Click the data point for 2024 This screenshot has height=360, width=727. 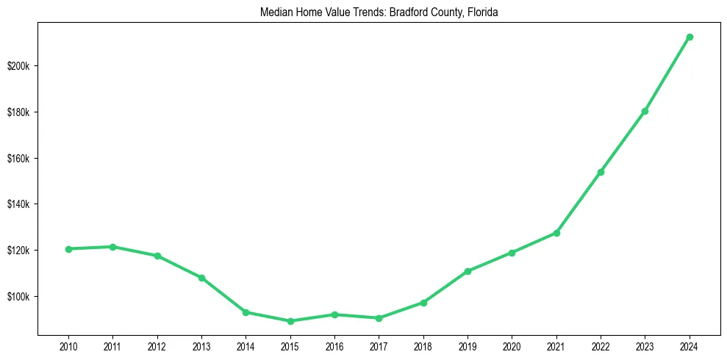point(690,37)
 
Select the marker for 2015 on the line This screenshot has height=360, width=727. point(290,321)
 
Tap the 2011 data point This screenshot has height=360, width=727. point(112,247)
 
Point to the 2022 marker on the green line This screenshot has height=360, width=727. point(601,172)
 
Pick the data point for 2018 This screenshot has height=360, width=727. point(423,303)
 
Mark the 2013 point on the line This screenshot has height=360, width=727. point(201,278)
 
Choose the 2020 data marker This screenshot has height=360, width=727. point(512,253)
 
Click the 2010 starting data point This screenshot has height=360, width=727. point(68,249)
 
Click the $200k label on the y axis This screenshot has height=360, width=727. point(18,66)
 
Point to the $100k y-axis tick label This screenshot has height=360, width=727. point(18,297)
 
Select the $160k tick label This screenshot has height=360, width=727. point(18,159)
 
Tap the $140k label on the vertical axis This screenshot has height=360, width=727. point(18,204)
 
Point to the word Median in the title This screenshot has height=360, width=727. point(275,12)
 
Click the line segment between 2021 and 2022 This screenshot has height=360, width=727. point(579,203)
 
